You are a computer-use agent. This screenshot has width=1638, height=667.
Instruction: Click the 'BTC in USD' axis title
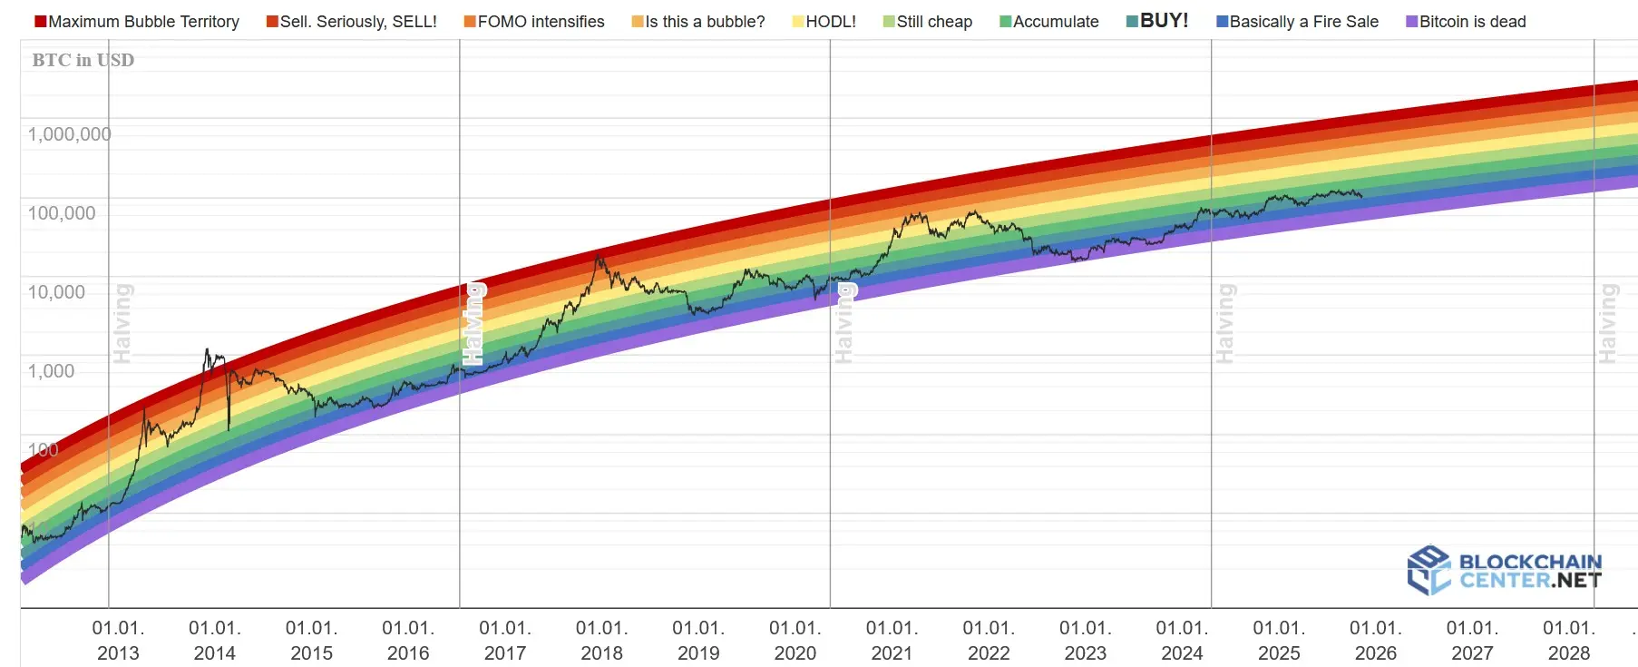pos(83,60)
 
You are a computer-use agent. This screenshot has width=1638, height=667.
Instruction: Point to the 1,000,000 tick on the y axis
pos(69,134)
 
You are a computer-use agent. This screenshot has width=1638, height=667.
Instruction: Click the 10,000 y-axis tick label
pos(56,292)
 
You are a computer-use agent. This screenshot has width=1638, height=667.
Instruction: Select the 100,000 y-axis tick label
pos(62,213)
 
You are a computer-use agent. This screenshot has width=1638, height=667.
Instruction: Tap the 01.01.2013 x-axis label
pos(118,641)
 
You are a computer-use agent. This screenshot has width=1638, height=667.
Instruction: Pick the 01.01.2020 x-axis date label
pos(795,641)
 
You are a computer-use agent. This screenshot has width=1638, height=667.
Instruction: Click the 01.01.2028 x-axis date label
pos(1569,641)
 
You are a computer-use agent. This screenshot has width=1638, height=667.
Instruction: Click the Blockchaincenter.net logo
pos(1505,570)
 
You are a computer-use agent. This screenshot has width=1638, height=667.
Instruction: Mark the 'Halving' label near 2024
pos(1225,323)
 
